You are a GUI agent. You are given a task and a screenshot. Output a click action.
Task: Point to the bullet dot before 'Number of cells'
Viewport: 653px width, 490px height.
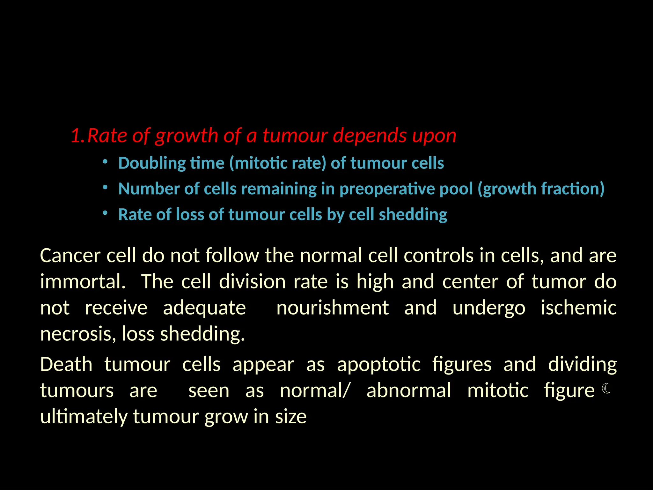tap(105, 187)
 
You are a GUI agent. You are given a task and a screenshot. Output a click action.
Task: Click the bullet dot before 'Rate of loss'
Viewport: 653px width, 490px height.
tap(105, 213)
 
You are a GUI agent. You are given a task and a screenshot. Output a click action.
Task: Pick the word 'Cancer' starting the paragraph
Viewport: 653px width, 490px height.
tap(70, 256)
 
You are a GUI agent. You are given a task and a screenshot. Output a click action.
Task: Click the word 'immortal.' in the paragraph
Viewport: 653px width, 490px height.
tap(83, 282)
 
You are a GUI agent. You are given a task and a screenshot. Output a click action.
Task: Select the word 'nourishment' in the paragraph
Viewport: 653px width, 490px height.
tap(333, 308)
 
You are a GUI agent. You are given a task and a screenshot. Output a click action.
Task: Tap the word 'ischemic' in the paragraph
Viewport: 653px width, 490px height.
tap(578, 308)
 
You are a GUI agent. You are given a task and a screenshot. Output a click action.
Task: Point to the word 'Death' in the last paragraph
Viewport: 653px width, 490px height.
tap(66, 365)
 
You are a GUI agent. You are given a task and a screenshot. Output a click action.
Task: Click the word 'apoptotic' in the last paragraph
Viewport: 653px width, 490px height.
tap(379, 365)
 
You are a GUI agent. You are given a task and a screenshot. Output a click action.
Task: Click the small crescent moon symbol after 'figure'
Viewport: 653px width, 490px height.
tap(606, 389)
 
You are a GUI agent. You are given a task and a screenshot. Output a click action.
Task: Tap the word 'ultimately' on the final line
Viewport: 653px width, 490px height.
tap(84, 417)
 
